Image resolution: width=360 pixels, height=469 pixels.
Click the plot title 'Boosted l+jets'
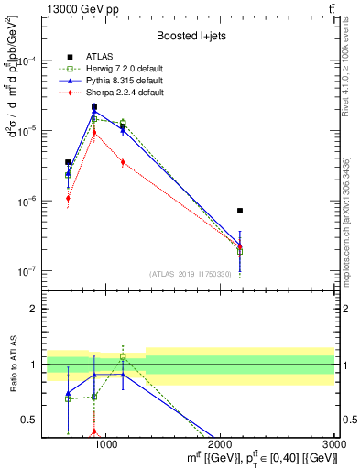click(191, 36)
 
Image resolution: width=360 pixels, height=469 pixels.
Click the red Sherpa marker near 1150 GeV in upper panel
click(123, 162)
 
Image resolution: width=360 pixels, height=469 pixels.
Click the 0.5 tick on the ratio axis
click(34, 420)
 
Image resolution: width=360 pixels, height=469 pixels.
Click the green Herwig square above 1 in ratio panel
click(123, 357)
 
